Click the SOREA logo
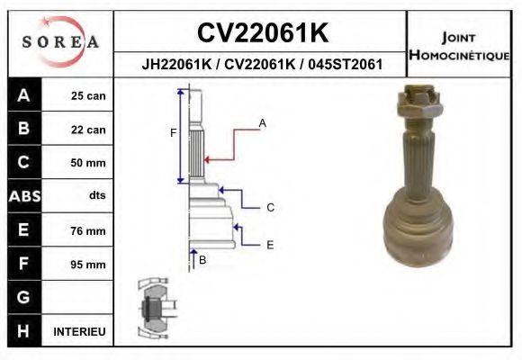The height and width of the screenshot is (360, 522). click(60, 41)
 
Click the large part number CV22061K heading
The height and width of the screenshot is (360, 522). click(261, 33)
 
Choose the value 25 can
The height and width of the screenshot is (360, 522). click(88, 96)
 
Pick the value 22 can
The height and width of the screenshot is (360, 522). click(88, 130)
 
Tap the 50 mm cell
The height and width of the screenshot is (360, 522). click(88, 163)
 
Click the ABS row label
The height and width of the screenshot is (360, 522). click(23, 196)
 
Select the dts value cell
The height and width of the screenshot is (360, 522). click(96, 196)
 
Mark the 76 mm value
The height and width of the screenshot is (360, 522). click(88, 230)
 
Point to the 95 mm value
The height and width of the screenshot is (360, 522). click(88, 265)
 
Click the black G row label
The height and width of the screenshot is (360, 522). click(23, 297)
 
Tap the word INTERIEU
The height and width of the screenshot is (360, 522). click(79, 331)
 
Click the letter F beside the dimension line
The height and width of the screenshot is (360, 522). click(174, 133)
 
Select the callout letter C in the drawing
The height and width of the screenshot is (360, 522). click(270, 208)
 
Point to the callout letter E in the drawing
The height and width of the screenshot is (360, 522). click(270, 244)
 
